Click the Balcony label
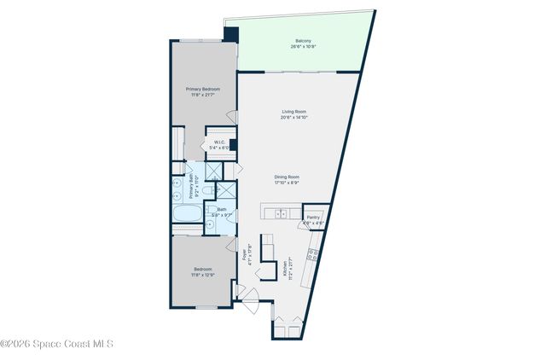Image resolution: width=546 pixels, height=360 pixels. pyautogui.click(x=303, y=40)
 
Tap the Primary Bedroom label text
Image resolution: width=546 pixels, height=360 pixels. pyautogui.click(x=203, y=89)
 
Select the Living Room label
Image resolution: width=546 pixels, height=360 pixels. pyautogui.click(x=294, y=112)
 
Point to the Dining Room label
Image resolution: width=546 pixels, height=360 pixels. pyautogui.click(x=287, y=177)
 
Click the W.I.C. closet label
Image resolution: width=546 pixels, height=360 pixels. pyautogui.click(x=218, y=142)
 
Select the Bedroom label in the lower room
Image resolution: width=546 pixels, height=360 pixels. pyautogui.click(x=201, y=270)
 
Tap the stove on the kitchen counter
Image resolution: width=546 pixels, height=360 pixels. pyautogui.click(x=314, y=253)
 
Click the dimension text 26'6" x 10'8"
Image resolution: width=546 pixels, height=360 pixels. pyautogui.click(x=303, y=47)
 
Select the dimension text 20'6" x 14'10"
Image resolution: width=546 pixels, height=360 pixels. pyautogui.click(x=294, y=118)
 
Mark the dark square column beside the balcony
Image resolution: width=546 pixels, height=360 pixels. pyautogui.click(x=231, y=34)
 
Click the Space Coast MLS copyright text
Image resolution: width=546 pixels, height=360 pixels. pyautogui.click(x=56, y=344)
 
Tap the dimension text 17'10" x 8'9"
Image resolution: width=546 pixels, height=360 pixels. pyautogui.click(x=287, y=183)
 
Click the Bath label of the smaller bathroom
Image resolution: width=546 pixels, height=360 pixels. pyautogui.click(x=222, y=210)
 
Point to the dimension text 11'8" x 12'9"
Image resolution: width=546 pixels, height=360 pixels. pyautogui.click(x=201, y=276)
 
